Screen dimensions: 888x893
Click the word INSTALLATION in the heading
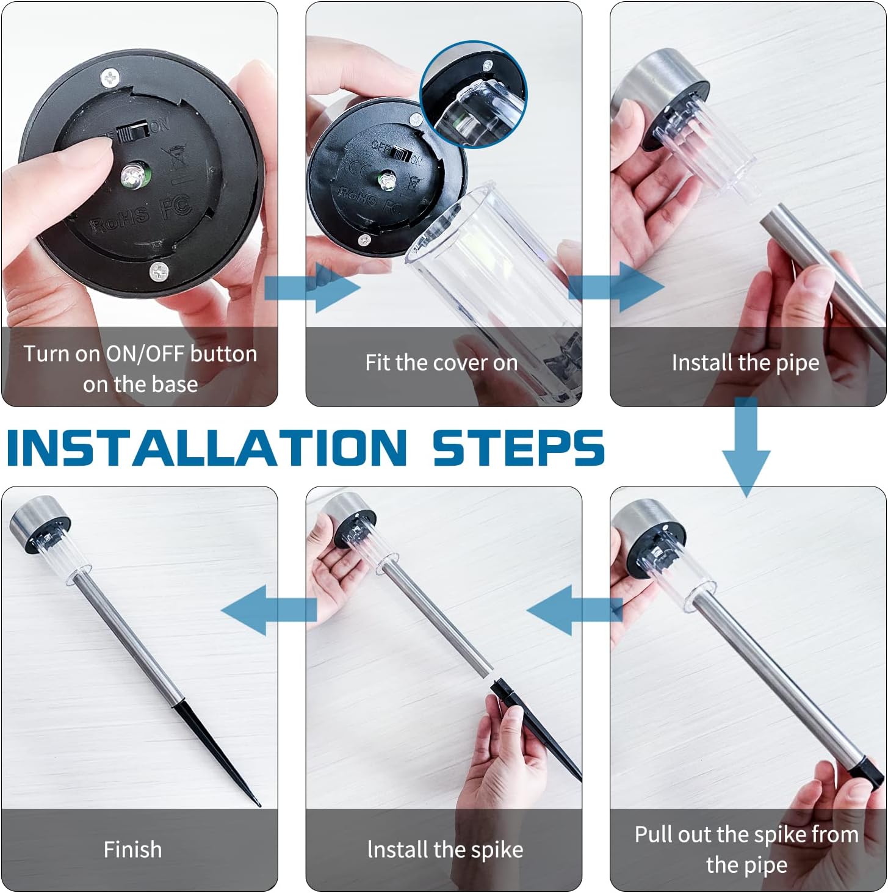(x=207, y=447)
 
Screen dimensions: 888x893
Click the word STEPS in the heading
(x=519, y=447)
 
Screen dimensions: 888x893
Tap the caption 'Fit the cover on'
(x=441, y=363)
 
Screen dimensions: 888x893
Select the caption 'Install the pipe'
(x=745, y=363)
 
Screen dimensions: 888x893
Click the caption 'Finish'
(x=132, y=850)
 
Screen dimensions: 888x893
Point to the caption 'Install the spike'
(x=445, y=850)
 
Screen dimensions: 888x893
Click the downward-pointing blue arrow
(x=746, y=447)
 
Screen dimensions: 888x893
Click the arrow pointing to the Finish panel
(x=269, y=610)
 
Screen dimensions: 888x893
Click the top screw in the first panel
(x=110, y=78)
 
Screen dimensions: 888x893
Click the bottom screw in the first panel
(x=159, y=271)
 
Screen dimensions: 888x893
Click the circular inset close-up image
(x=473, y=95)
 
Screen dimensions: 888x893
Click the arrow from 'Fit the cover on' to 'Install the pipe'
(x=616, y=287)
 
